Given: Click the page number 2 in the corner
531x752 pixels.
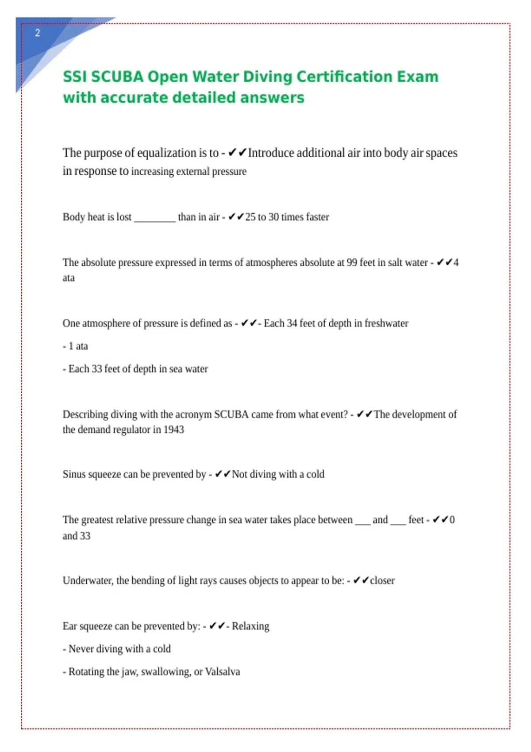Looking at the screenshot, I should (38, 33).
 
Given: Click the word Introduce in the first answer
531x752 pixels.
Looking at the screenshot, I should (271, 153).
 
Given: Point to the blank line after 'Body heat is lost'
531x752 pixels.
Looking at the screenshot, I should (154, 218).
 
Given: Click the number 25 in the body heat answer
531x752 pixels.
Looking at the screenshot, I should (250, 217).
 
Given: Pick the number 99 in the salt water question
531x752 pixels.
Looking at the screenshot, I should (352, 263).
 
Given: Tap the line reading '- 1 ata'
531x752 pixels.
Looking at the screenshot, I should (75, 346).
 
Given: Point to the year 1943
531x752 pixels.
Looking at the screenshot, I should (173, 430).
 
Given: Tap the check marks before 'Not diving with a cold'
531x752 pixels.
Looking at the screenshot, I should (223, 474).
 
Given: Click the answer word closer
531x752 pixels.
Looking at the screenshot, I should (382, 580).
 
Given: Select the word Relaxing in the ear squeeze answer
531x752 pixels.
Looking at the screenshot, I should (250, 626).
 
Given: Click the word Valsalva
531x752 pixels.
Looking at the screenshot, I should (223, 671).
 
